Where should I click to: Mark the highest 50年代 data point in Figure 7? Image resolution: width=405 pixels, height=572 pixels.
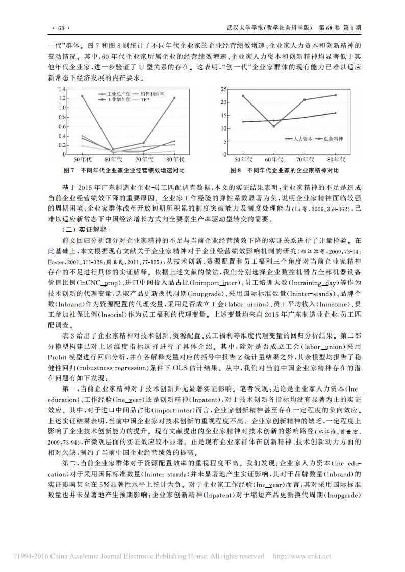[83, 96]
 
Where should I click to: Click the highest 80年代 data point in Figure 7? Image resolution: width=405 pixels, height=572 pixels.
[174, 98]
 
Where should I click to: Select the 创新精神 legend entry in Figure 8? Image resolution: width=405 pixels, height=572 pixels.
[331, 138]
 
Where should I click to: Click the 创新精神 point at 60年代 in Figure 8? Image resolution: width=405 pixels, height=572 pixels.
[274, 126]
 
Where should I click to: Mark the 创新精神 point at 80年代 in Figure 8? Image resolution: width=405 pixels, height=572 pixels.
[335, 95]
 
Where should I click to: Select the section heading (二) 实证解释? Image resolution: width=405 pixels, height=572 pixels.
[85, 230]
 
